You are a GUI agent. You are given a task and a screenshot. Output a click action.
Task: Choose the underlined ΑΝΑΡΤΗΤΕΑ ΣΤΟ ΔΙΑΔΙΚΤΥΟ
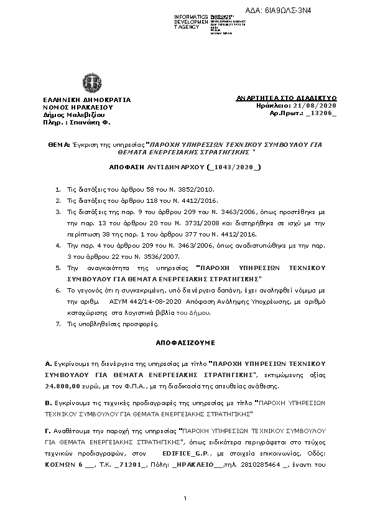tap(287, 98)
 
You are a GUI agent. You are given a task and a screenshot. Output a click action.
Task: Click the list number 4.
tap(58, 246)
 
